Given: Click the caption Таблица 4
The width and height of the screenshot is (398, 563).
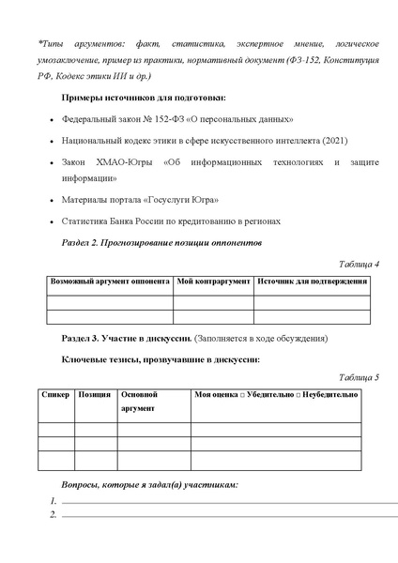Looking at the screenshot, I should click(357, 264).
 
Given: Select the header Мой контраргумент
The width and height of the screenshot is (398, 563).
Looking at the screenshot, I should click(213, 281).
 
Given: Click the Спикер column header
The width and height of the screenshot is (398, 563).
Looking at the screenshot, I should click(56, 395).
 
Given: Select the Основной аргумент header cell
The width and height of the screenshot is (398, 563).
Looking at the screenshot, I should click(140, 402).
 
